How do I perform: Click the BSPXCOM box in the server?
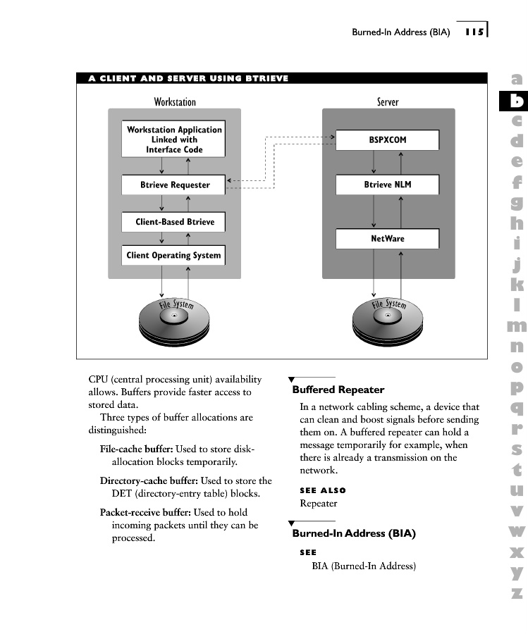tap(387, 140)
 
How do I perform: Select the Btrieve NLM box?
tap(387, 185)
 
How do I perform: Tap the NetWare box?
tap(387, 239)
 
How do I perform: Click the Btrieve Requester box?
tap(174, 185)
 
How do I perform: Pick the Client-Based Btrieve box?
tap(174, 222)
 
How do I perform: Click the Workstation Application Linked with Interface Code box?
tap(174, 139)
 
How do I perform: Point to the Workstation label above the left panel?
tap(175, 102)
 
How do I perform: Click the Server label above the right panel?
tap(388, 102)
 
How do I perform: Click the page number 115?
tap(474, 32)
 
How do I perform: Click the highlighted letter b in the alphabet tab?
tap(517, 101)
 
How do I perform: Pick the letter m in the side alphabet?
tap(517, 325)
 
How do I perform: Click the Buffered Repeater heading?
tap(338, 390)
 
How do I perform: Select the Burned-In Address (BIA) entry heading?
tap(354, 533)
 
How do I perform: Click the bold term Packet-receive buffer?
tap(145, 512)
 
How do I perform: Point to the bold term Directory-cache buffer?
tap(149, 480)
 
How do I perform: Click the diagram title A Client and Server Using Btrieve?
tap(188, 78)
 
